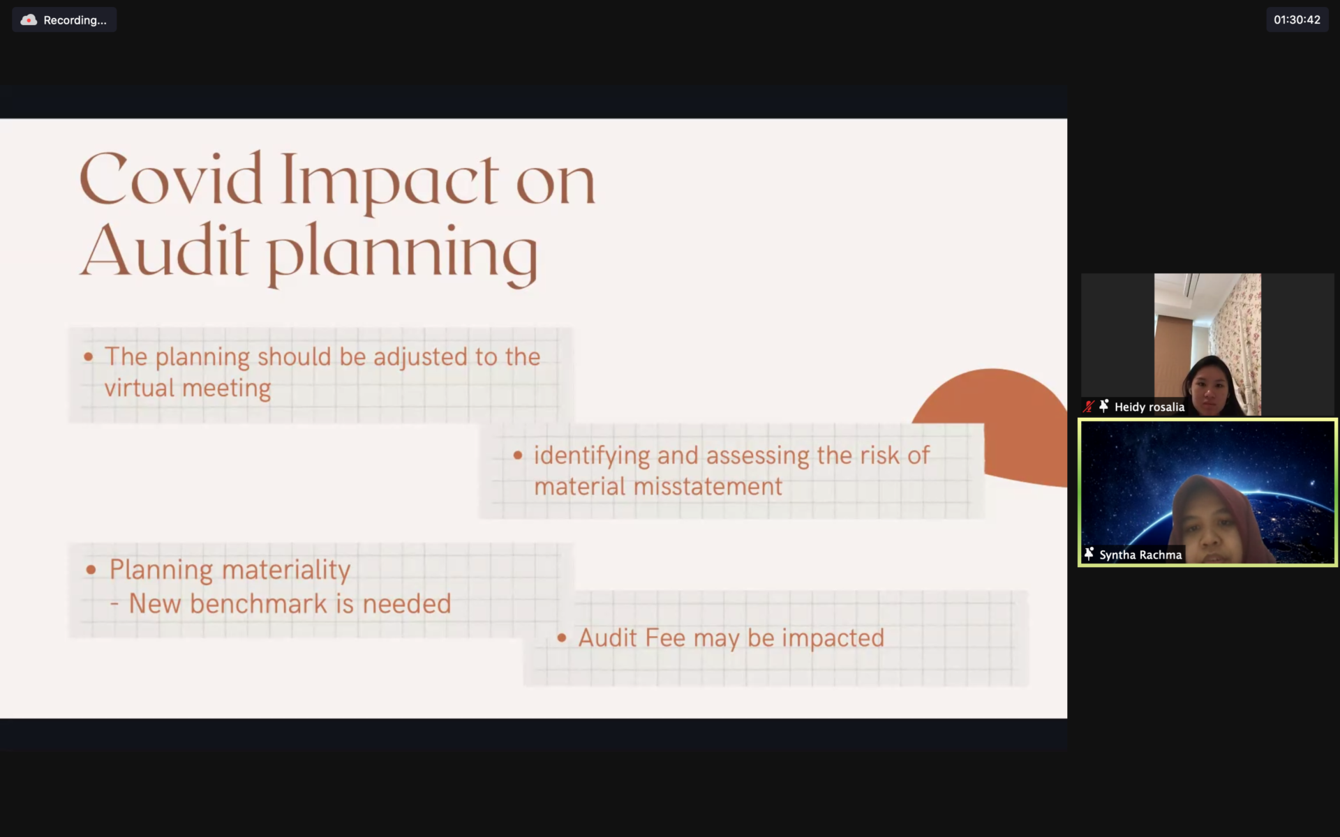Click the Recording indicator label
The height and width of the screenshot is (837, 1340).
[75, 20]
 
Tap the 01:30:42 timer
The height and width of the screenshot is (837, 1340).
[1297, 20]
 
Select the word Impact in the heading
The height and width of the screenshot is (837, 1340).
[390, 183]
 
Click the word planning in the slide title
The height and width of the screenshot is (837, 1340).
[403, 255]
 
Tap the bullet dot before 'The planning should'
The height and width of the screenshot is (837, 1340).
[89, 357]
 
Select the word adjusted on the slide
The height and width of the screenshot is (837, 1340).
[420, 358]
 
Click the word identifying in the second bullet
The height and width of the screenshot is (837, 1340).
[592, 456]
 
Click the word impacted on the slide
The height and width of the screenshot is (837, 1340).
[833, 639]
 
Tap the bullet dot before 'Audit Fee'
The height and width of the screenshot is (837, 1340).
[562, 638]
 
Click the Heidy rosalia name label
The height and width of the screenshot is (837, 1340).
[1149, 407]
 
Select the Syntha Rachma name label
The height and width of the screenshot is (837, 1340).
[1140, 555]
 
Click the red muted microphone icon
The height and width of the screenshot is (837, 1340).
[1088, 407]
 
